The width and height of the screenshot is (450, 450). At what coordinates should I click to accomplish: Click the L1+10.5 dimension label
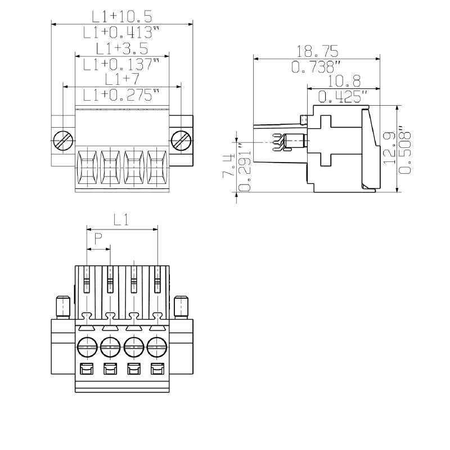coord(121,16)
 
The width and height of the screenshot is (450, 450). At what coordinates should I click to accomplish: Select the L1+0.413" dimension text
coord(121,33)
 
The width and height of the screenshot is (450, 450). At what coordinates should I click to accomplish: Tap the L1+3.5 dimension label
coord(121,48)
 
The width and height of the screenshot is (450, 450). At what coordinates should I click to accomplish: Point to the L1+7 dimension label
coord(121,79)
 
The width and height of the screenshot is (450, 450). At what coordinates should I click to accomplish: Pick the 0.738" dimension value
coord(316,67)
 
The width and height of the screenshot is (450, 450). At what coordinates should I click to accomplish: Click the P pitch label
coord(98,238)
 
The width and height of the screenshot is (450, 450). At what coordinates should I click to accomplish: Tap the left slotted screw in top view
coord(63,140)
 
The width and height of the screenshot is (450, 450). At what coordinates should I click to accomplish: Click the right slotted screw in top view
coord(181,140)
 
